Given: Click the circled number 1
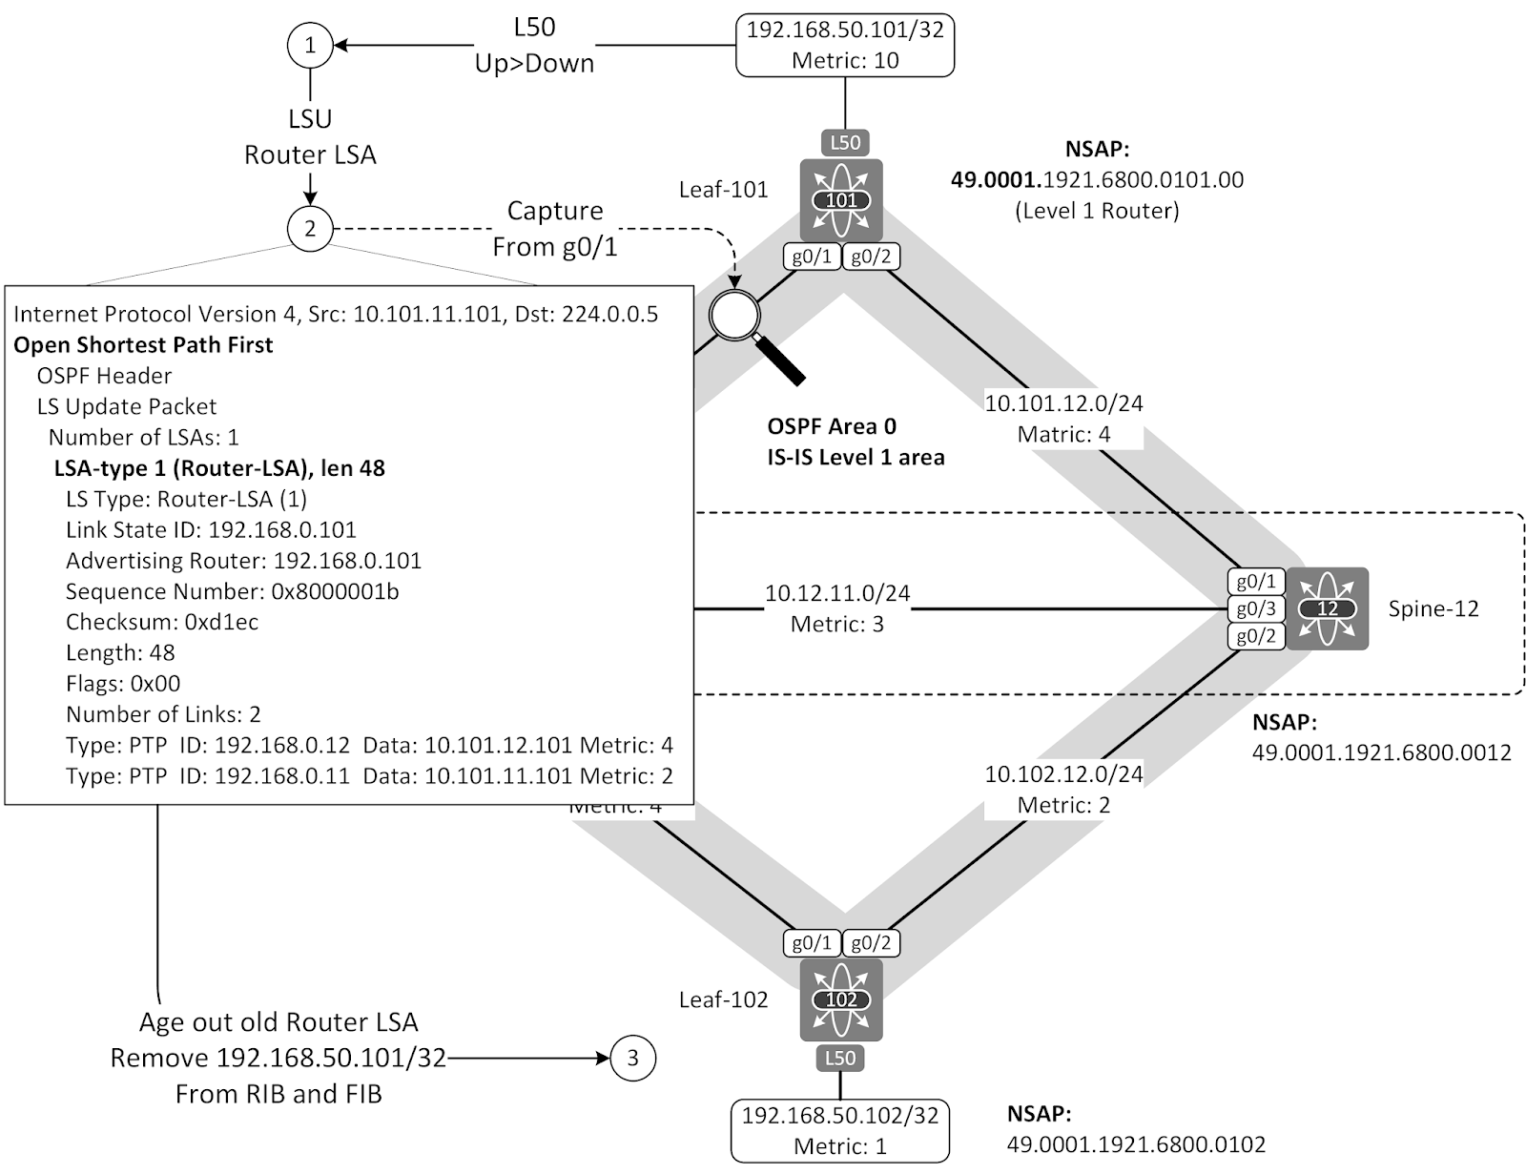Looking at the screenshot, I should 310,45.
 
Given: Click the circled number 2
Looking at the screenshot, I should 310,229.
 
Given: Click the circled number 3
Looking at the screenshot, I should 632,1058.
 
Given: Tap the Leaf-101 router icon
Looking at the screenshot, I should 841,200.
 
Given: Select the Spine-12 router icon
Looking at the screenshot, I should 1327,608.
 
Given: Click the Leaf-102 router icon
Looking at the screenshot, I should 841,999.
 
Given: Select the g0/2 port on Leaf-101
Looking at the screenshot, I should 871,257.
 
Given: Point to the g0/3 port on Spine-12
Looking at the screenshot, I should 1255,608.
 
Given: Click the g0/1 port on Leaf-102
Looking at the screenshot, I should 812,943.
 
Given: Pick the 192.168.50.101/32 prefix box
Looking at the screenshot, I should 845,45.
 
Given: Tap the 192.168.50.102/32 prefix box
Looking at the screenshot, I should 840,1130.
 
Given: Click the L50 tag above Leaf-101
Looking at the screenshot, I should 845,143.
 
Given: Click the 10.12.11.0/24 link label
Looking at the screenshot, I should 837,593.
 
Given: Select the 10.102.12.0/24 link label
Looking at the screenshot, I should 1063,773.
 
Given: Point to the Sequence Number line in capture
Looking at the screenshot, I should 232,591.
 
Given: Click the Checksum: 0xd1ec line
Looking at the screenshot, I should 162,622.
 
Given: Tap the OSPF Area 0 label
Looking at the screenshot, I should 832,426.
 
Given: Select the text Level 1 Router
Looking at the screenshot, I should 1097,211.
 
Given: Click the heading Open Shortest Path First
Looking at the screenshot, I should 143,345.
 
